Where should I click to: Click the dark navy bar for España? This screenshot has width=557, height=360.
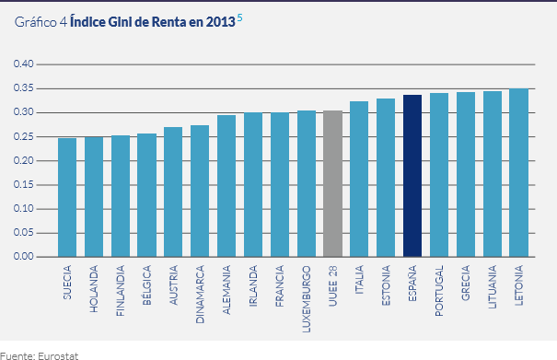pos(412,176)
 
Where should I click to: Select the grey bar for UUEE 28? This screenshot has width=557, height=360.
pos(332,183)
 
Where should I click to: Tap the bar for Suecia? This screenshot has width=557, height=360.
pos(66,197)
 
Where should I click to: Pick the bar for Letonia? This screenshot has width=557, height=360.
pos(519,172)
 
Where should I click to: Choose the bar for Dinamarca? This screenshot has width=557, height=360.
pos(200,191)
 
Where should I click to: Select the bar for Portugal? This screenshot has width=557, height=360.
pos(439,175)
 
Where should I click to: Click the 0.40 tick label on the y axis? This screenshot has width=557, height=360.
pos(22,64)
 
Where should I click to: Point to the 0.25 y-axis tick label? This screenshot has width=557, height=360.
pos(22,136)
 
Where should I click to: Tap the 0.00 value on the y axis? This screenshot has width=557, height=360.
pos(22,257)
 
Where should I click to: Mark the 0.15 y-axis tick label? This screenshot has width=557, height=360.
pos(22,185)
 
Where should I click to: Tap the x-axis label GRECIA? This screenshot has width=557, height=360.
pos(467,287)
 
